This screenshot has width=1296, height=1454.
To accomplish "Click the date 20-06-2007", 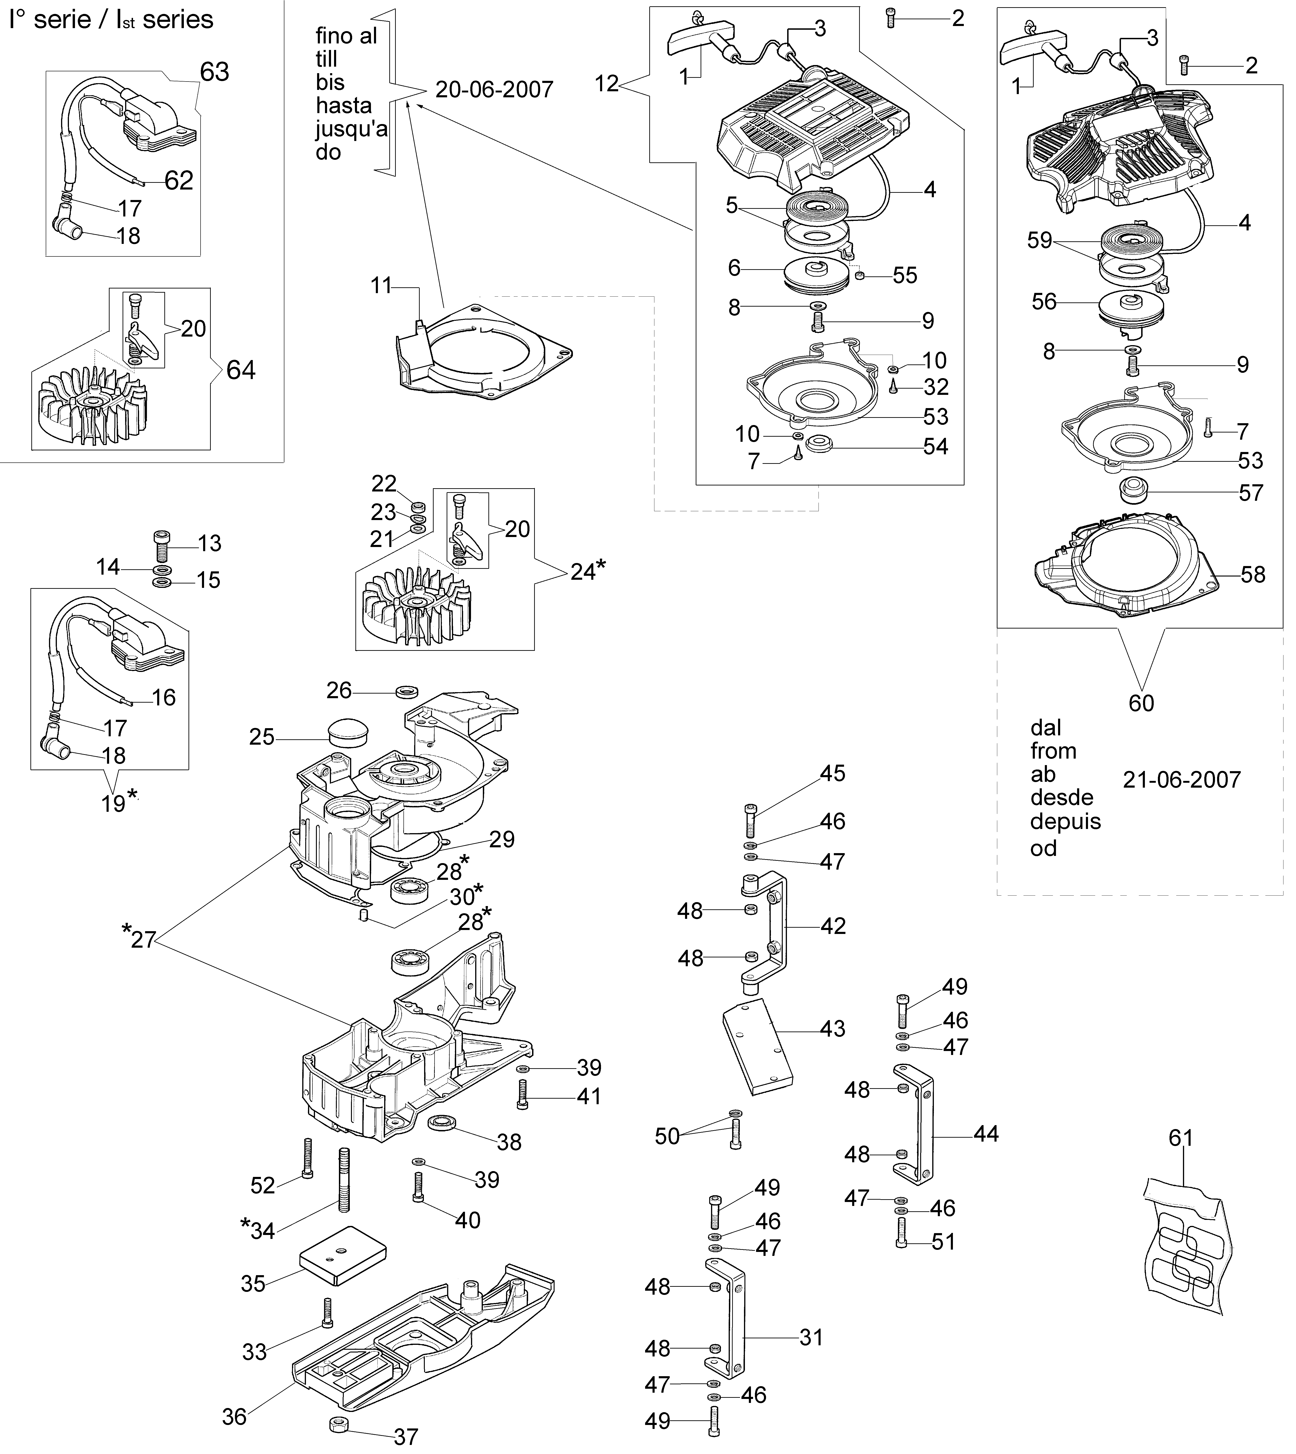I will tap(494, 90).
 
